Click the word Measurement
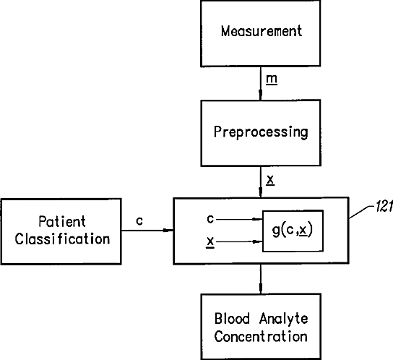[262, 31]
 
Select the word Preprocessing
[261, 132]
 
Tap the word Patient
[62, 221]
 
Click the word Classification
[62, 239]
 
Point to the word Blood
[232, 319]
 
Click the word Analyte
[284, 320]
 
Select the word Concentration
[261, 336]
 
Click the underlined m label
[272, 80]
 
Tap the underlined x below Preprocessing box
[270, 180]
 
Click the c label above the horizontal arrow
[139, 220]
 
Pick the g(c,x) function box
[293, 231]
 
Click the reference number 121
[384, 207]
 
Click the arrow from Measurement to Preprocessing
[260, 83]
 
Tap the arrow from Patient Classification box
[147, 231]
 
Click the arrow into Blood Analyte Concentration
[261, 279]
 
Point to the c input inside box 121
[210, 219]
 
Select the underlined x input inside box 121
[210, 242]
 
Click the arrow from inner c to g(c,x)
[239, 219]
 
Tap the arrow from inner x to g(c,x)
[239, 242]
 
